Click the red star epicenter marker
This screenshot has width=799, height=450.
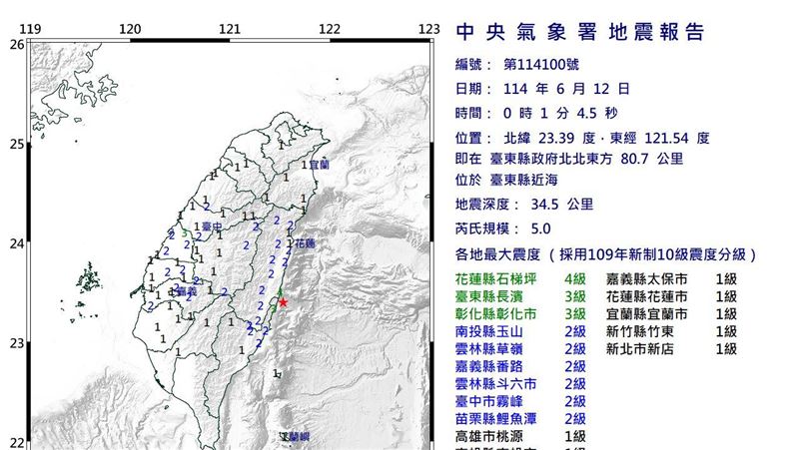tap(283, 302)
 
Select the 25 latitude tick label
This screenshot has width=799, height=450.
tap(16, 145)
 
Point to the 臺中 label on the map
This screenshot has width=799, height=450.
tap(210, 227)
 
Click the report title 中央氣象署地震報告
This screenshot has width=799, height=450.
tap(580, 33)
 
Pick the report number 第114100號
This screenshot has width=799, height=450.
tap(540, 64)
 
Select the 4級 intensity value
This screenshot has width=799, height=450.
tap(576, 280)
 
